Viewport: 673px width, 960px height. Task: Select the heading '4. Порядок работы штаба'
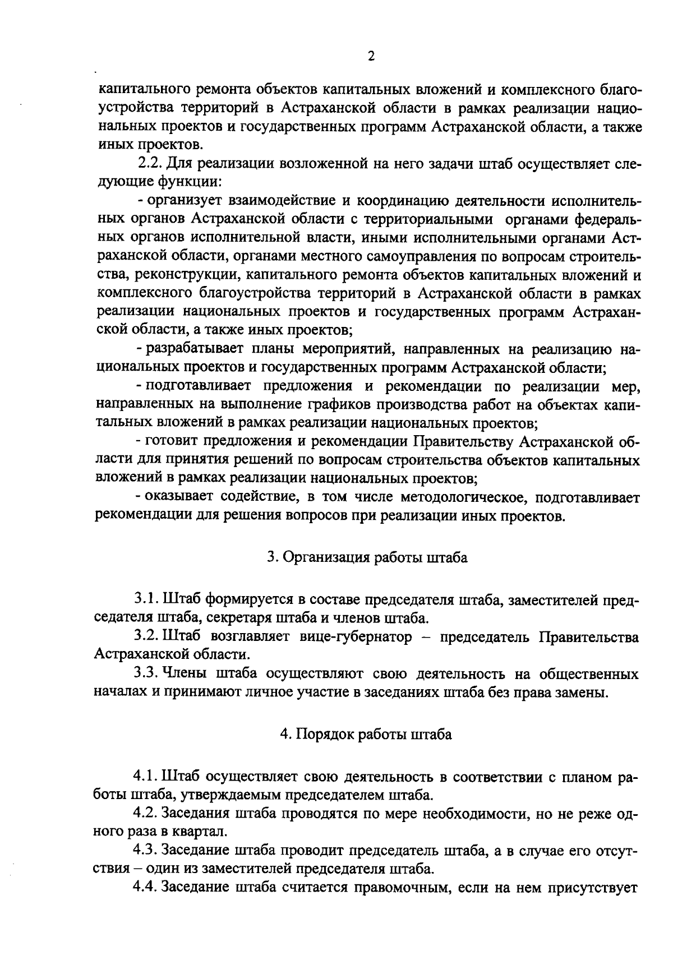point(366,735)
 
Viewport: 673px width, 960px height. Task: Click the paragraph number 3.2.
point(145,637)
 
